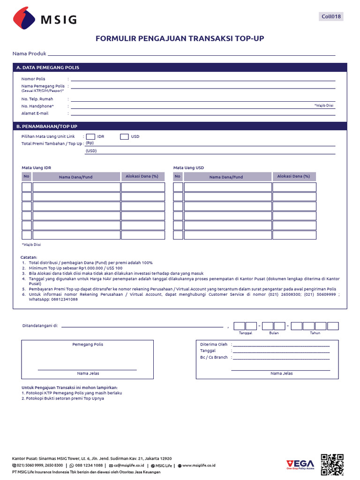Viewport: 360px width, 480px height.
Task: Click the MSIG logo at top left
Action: (45, 19)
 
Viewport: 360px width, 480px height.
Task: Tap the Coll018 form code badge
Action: (331, 16)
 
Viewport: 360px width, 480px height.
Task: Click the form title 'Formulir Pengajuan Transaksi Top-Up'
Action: (180, 38)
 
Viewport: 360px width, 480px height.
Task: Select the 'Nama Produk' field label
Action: (29, 54)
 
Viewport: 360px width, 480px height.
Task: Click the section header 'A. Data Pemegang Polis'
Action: (48, 67)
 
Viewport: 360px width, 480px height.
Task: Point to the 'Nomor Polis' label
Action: (33, 79)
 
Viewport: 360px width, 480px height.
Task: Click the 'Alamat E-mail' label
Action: (35, 113)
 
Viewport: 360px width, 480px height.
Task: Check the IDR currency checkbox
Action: (90, 136)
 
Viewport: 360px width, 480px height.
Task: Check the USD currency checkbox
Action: (124, 136)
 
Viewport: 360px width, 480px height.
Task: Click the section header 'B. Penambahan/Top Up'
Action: (47, 127)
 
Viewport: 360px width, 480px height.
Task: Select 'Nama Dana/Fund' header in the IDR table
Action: (75, 177)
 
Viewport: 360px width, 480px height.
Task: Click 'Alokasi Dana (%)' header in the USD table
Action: (293, 176)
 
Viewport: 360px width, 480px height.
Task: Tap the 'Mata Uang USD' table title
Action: (188, 167)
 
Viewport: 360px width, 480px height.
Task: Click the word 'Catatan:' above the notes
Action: (29, 257)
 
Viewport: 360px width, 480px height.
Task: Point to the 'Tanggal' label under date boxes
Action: (246, 333)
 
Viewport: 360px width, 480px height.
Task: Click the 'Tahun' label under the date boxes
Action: (315, 333)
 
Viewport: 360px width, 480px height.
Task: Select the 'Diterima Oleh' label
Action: (214, 345)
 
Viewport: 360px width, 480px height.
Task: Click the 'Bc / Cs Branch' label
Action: (214, 357)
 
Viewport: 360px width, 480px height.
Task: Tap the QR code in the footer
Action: (332, 465)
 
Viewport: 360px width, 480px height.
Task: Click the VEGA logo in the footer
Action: (300, 464)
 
